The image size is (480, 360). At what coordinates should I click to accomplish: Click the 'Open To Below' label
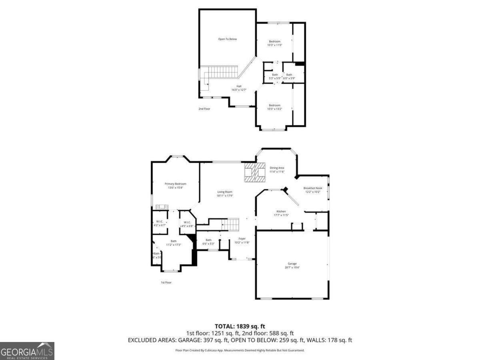click(227, 39)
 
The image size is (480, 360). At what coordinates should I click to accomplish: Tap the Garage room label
click(292, 264)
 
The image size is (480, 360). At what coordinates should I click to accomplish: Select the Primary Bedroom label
click(175, 184)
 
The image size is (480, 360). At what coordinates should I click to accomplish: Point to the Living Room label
click(224, 192)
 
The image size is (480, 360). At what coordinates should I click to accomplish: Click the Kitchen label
click(281, 211)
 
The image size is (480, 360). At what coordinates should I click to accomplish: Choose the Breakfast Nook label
click(312, 188)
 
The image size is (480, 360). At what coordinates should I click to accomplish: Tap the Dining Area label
click(277, 168)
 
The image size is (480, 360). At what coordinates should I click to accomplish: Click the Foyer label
click(242, 238)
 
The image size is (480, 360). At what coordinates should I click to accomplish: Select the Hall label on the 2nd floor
click(239, 86)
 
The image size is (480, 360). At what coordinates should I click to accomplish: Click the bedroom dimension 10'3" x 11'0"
click(274, 45)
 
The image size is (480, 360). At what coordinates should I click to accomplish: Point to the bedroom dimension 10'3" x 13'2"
click(274, 109)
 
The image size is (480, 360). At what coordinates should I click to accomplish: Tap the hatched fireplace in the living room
click(255, 172)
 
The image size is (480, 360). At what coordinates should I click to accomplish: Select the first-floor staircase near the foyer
click(230, 224)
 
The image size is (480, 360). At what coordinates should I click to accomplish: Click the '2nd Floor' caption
click(204, 109)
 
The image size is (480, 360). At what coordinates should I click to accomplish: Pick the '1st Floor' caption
click(166, 282)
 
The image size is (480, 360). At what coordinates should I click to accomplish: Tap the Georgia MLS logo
click(27, 351)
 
